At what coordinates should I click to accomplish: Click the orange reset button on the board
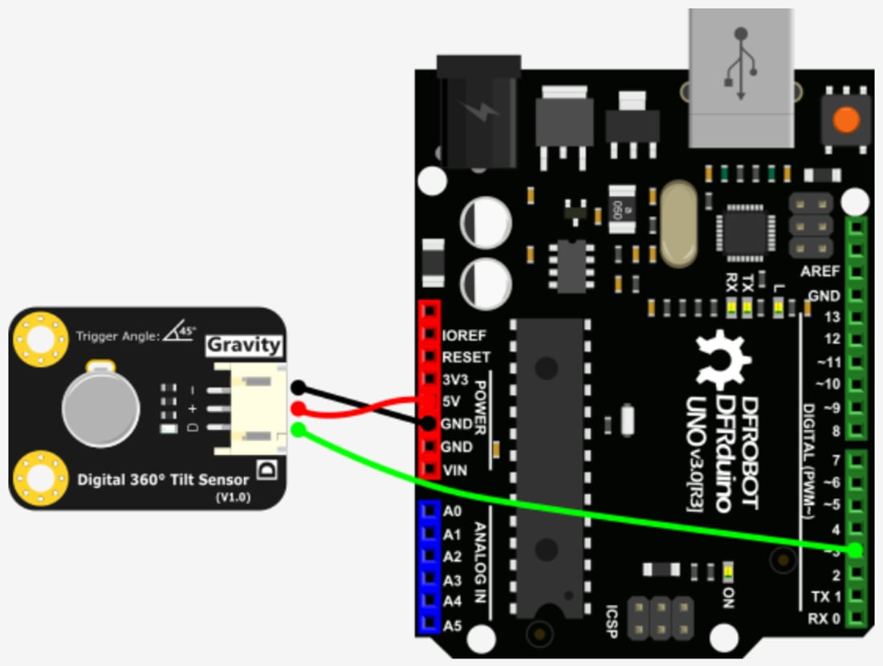pos(845,120)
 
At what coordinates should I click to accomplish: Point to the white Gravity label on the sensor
pos(244,345)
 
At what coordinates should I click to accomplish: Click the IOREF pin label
pos(465,335)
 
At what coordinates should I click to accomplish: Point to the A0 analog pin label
pos(452,511)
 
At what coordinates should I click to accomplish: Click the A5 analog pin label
pos(452,623)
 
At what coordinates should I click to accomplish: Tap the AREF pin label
pos(820,272)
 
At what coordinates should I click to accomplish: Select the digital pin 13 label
pos(832,317)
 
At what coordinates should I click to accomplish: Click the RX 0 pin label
pos(824,619)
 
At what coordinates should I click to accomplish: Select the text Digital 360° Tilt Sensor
pos(163,480)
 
